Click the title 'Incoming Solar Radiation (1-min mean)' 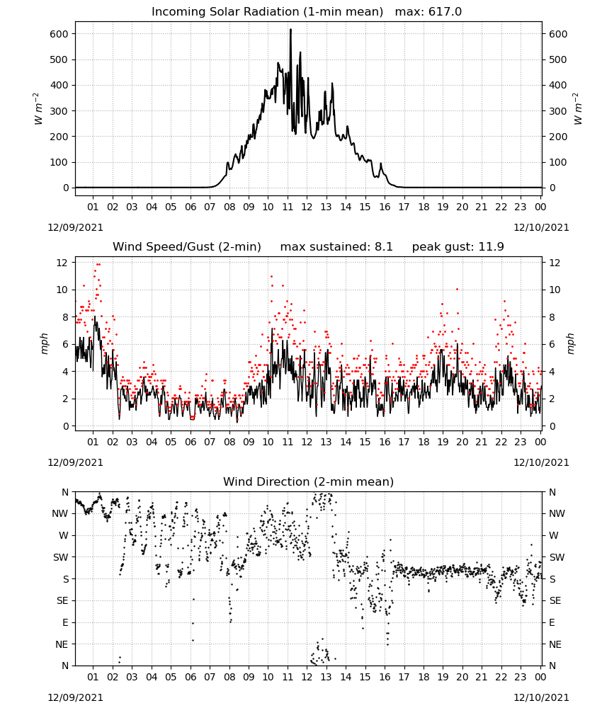tap(267, 12)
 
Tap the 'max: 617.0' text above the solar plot tap(428, 12)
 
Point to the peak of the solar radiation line tap(290, 30)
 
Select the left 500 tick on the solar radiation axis tap(59, 59)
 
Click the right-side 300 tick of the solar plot tap(558, 111)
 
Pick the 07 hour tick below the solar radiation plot tap(210, 207)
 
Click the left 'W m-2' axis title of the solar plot tap(38, 109)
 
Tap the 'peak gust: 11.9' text tap(458, 247)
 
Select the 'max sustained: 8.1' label tap(336, 247)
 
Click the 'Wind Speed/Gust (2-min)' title tap(187, 247)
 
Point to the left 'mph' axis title tap(44, 343)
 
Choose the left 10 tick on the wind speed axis tap(62, 290)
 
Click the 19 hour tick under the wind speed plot tap(443, 442)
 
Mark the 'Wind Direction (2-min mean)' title tap(309, 481)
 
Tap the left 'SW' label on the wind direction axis tap(61, 557)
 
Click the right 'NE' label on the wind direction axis tap(555, 644)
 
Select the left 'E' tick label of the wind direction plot tap(65, 622)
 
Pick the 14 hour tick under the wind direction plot tap(346, 677)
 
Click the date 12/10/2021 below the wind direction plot tap(542, 697)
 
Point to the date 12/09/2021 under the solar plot tap(75, 227)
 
